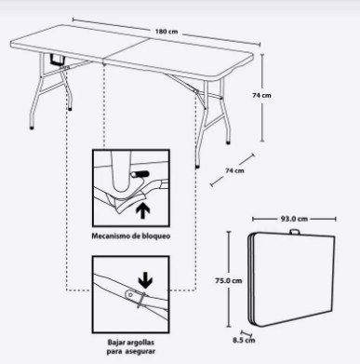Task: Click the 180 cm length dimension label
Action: [x=167, y=32]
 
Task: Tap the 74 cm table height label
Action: [x=261, y=95]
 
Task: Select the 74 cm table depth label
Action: [x=234, y=170]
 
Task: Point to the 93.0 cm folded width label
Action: [x=294, y=219]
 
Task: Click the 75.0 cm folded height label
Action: [x=229, y=280]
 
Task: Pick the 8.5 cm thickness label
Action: [x=244, y=340]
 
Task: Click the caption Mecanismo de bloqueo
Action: [x=131, y=236]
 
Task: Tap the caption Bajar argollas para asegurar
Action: [x=131, y=347]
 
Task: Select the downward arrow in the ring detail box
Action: [x=145, y=282]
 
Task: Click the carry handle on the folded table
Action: [x=295, y=232]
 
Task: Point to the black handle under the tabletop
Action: [x=58, y=61]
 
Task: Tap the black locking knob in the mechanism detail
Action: [x=140, y=174]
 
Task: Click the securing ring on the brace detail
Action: [x=141, y=300]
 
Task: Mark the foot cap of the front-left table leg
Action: [x=32, y=128]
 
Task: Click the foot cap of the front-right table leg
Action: [x=197, y=167]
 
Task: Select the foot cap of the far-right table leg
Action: [x=229, y=143]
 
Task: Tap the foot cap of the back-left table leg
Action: [x=70, y=109]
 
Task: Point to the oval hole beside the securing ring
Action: [x=130, y=294]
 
